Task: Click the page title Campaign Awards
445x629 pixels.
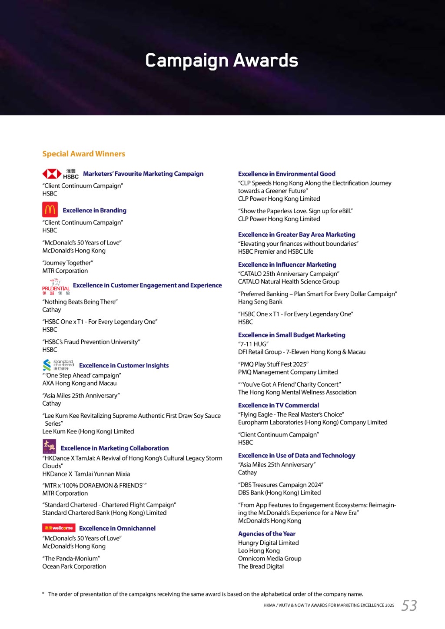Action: [x=222, y=60]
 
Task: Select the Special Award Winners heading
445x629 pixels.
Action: [x=83, y=154]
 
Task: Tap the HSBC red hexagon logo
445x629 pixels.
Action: [x=52, y=174]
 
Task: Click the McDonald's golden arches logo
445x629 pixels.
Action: [x=50, y=210]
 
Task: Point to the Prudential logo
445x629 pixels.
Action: [x=56, y=287]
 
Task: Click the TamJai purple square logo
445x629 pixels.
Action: [x=49, y=446]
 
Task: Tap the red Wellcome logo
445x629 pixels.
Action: [x=59, y=528]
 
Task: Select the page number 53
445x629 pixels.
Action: [x=409, y=605]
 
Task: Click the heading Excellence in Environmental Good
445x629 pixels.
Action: [x=286, y=174]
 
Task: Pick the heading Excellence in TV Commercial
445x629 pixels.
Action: [x=278, y=405]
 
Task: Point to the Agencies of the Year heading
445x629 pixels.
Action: [x=266, y=534]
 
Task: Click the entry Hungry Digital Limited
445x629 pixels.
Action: [x=268, y=543]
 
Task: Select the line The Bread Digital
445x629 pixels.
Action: [x=261, y=566]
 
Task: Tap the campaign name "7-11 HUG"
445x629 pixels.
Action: [x=253, y=344]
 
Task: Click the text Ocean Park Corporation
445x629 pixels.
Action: [x=74, y=566]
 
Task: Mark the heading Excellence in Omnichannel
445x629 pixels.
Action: [x=117, y=528]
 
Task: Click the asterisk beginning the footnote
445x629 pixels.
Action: [x=43, y=594]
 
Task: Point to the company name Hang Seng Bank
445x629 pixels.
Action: [x=260, y=302]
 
